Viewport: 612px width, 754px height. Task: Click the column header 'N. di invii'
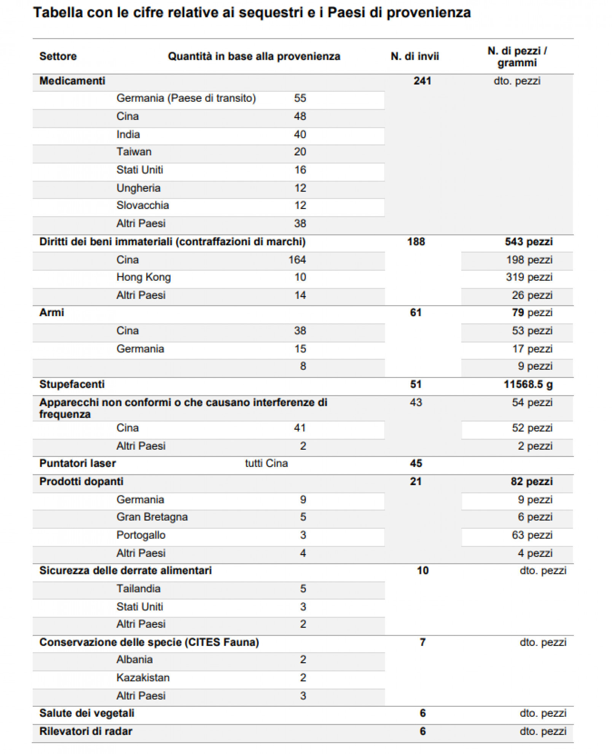point(414,56)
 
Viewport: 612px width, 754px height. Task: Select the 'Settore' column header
point(58,56)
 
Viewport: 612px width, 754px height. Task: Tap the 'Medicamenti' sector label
point(72,81)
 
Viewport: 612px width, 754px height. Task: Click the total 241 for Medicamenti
point(422,81)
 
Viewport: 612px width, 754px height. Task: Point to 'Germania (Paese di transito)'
point(186,98)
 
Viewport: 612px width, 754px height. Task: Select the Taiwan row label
point(134,152)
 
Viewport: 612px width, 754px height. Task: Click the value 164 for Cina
point(297,260)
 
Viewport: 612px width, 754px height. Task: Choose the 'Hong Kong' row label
point(143,277)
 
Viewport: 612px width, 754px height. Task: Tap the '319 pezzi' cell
point(529,277)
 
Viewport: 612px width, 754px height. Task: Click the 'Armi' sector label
point(52,313)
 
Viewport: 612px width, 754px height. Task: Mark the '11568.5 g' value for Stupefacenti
point(528,384)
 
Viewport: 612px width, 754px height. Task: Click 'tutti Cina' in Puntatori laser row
point(266,463)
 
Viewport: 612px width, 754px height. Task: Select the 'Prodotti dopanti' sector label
point(81,481)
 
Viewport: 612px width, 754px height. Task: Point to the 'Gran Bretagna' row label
point(152,517)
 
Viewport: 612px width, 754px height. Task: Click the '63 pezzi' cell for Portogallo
point(532,535)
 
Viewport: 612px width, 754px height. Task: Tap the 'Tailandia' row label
point(139,589)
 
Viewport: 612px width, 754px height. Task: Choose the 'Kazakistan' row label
point(143,678)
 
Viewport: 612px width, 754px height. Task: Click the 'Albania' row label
point(135,660)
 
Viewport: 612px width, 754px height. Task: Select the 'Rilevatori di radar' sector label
point(86,732)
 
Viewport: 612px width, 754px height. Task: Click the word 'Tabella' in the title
point(58,13)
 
